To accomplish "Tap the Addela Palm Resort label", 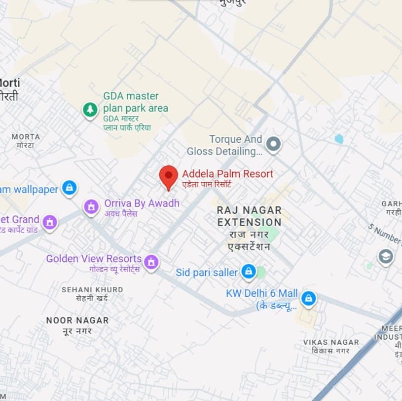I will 227,174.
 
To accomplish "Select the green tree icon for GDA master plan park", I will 90,110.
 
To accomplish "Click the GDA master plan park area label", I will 135,102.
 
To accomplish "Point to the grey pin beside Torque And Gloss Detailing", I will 273,145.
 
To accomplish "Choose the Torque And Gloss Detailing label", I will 224,145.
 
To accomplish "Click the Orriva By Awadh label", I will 142,203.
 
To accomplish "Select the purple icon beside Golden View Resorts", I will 151,261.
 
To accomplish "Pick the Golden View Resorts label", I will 94,259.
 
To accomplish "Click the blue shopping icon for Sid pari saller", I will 248,271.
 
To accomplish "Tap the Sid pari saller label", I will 207,273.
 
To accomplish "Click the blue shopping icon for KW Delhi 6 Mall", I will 309,298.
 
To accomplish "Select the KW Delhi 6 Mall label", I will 262,294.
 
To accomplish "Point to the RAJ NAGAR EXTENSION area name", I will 249,216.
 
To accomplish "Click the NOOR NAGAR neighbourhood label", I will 77,321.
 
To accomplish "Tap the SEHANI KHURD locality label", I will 92,290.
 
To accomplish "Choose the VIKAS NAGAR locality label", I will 331,342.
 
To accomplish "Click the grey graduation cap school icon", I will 385,256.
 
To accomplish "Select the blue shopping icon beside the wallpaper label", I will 70,188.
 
